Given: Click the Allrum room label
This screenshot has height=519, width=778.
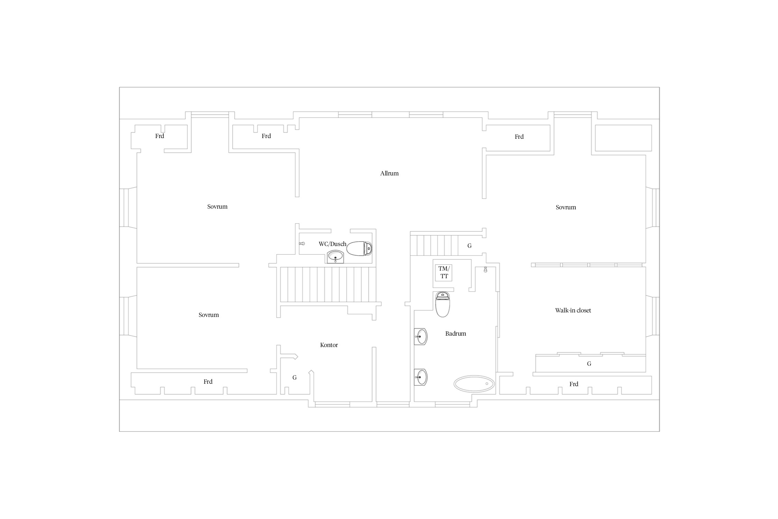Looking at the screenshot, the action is [x=389, y=173].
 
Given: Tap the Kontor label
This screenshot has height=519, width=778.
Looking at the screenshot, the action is [x=329, y=345].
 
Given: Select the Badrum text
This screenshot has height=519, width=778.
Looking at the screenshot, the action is [x=455, y=334].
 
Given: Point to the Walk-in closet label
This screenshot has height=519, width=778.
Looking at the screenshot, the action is [x=573, y=310].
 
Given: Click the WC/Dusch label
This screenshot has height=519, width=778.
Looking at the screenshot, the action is [x=332, y=244].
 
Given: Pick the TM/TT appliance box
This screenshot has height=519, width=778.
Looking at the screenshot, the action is [x=444, y=273].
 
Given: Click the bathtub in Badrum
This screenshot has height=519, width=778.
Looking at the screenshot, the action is [x=474, y=384].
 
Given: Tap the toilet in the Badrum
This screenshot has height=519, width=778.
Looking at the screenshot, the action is [x=442, y=304].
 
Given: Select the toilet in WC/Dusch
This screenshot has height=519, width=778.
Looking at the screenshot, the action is [x=359, y=248].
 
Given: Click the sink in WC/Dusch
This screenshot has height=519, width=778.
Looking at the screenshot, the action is [x=335, y=257].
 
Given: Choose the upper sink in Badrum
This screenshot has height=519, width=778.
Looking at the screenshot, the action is [x=421, y=336].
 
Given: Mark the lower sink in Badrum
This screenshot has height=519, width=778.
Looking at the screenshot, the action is [x=421, y=377].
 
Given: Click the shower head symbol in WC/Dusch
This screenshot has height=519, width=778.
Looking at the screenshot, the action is [x=302, y=244].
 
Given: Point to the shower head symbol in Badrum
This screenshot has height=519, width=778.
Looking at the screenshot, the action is [x=485, y=270].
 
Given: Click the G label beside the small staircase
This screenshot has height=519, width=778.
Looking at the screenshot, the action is [x=469, y=246].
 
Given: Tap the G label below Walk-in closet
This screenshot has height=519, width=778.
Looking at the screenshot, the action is [x=589, y=364].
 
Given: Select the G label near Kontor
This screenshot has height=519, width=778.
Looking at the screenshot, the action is [x=295, y=377].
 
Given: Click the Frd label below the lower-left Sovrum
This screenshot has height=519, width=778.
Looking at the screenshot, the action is [x=208, y=382].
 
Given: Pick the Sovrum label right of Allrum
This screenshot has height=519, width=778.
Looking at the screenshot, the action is [x=566, y=207].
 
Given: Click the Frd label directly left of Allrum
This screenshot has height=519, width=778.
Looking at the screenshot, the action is [x=266, y=136].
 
